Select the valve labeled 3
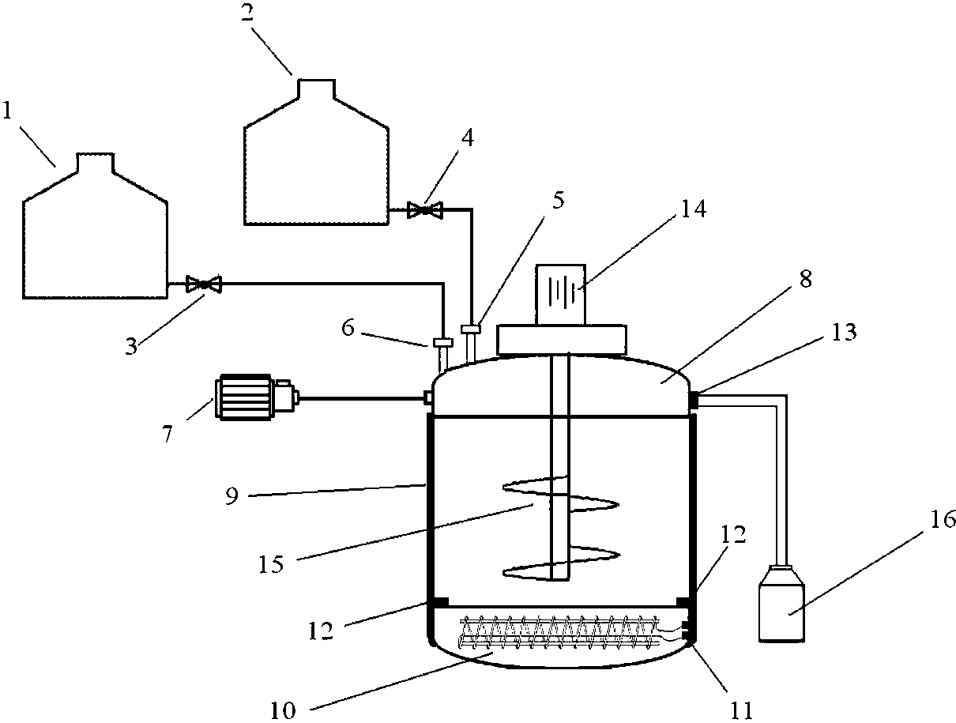[x=204, y=284]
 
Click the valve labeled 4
[x=425, y=211]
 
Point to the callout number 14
[x=693, y=209]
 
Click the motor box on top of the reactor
[x=560, y=294]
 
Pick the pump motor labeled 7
[x=257, y=397]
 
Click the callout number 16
[x=943, y=520]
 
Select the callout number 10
[x=283, y=711]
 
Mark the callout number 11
[x=741, y=711]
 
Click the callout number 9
[x=231, y=495]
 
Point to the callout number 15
[x=271, y=564]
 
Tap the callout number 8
[x=806, y=279]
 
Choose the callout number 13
[x=844, y=331]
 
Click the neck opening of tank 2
[x=316, y=88]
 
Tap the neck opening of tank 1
[x=96, y=162]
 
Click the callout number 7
[x=167, y=434]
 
